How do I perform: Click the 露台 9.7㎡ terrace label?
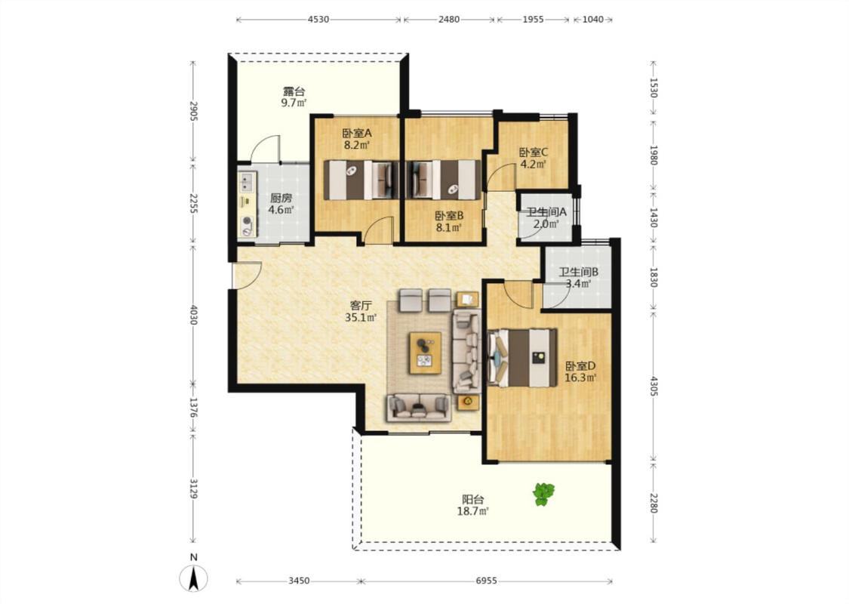coord(294,97)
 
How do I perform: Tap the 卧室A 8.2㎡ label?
coord(357,139)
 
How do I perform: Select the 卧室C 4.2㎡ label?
coord(534,159)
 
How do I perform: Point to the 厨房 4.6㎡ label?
coord(281,204)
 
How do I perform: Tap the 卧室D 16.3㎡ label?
coord(580,371)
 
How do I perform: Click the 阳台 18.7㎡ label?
coord(472,505)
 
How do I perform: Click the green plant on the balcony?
coord(543,494)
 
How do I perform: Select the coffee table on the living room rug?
coord(425,353)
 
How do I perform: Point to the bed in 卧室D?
coord(522,358)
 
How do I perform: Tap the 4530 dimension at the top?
coord(318,20)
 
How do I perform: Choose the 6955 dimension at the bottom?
coord(486,581)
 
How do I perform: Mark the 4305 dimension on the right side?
coord(654,386)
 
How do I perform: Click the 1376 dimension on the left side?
coord(193,408)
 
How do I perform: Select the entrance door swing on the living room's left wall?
coord(247,276)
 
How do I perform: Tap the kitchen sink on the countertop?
coord(248,183)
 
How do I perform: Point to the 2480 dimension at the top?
coord(449,20)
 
